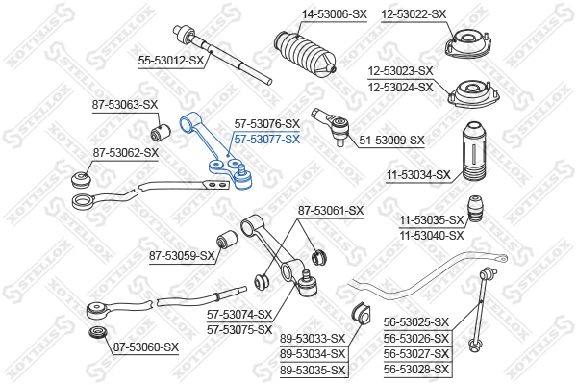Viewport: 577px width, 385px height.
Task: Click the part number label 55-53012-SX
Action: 172,60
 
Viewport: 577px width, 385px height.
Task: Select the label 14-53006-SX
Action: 334,14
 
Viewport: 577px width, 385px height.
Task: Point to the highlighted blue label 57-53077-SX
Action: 267,139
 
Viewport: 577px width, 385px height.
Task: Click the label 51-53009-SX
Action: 391,141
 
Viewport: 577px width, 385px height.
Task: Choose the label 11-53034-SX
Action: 418,174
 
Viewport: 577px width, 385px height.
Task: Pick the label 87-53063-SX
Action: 125,104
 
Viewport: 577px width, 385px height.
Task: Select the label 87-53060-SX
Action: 146,346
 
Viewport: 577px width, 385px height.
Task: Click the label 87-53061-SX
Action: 331,210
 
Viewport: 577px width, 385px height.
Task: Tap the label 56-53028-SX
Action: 416,369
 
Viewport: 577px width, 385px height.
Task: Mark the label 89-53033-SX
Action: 313,338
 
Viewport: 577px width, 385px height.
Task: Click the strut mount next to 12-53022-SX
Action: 464,44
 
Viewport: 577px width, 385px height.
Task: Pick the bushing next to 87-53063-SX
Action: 161,129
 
